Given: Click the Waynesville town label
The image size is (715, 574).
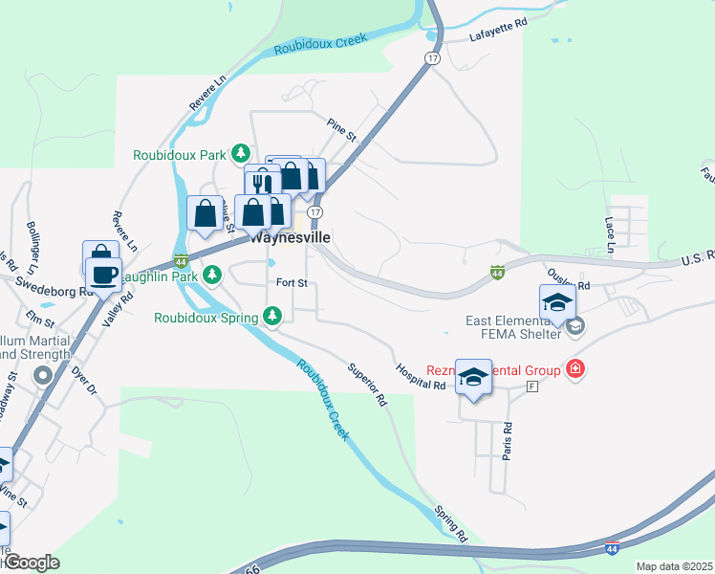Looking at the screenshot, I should pos(291,238).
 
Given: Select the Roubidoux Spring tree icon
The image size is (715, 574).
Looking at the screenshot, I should pos(272,315).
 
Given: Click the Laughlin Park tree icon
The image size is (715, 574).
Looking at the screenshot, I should pos(213,276).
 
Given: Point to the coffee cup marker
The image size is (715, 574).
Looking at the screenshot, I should pos(103,275).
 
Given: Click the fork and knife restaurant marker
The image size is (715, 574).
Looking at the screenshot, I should pos(262,183).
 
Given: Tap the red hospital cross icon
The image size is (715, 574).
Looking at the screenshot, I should pos(574,368).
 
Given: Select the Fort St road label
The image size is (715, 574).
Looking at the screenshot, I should pos(292,283).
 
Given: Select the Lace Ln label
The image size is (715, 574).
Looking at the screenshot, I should pos(609,233).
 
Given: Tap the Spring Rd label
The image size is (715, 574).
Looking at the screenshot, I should pos(450,522).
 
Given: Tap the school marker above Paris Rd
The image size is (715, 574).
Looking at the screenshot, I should pos(473,377).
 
